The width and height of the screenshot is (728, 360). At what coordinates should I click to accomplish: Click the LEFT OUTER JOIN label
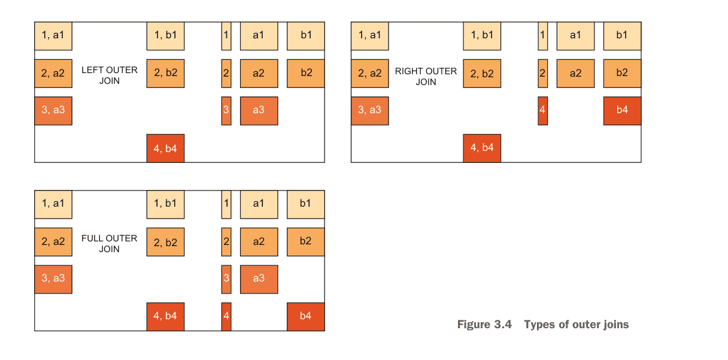tap(110, 75)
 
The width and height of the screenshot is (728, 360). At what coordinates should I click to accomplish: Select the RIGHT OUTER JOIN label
tap(426, 76)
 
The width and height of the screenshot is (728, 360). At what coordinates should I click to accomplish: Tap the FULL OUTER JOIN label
tap(110, 244)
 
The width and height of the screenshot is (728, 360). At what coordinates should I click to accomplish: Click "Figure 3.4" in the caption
tap(484, 325)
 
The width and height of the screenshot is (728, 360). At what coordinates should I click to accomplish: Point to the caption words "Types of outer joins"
tap(577, 325)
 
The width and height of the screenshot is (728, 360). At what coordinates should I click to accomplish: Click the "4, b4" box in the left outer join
tap(165, 148)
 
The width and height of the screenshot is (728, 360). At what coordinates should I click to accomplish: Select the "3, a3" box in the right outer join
tap(370, 111)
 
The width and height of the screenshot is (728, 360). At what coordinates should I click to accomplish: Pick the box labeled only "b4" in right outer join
tap(622, 111)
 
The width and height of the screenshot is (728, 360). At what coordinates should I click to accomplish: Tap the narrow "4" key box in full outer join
tap(226, 316)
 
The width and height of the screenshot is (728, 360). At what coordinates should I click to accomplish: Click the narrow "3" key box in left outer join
tap(226, 111)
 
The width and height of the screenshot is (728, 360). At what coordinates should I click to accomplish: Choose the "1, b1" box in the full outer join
tap(165, 204)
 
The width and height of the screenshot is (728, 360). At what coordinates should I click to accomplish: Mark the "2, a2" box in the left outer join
tap(53, 74)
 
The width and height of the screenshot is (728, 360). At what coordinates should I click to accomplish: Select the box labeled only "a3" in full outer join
tap(259, 279)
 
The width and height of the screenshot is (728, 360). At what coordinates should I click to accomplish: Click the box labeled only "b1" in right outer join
tap(622, 36)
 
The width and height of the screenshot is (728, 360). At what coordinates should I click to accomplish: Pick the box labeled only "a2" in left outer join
tap(259, 74)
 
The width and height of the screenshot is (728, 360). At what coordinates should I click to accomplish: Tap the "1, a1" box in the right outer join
tap(370, 36)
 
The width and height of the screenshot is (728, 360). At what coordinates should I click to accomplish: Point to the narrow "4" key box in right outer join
tap(542, 111)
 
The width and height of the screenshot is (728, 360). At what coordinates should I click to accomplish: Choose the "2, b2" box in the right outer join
tap(482, 74)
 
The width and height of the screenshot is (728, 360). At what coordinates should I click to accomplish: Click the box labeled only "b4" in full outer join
tap(305, 316)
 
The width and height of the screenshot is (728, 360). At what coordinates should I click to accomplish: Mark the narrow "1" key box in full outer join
tap(226, 204)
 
